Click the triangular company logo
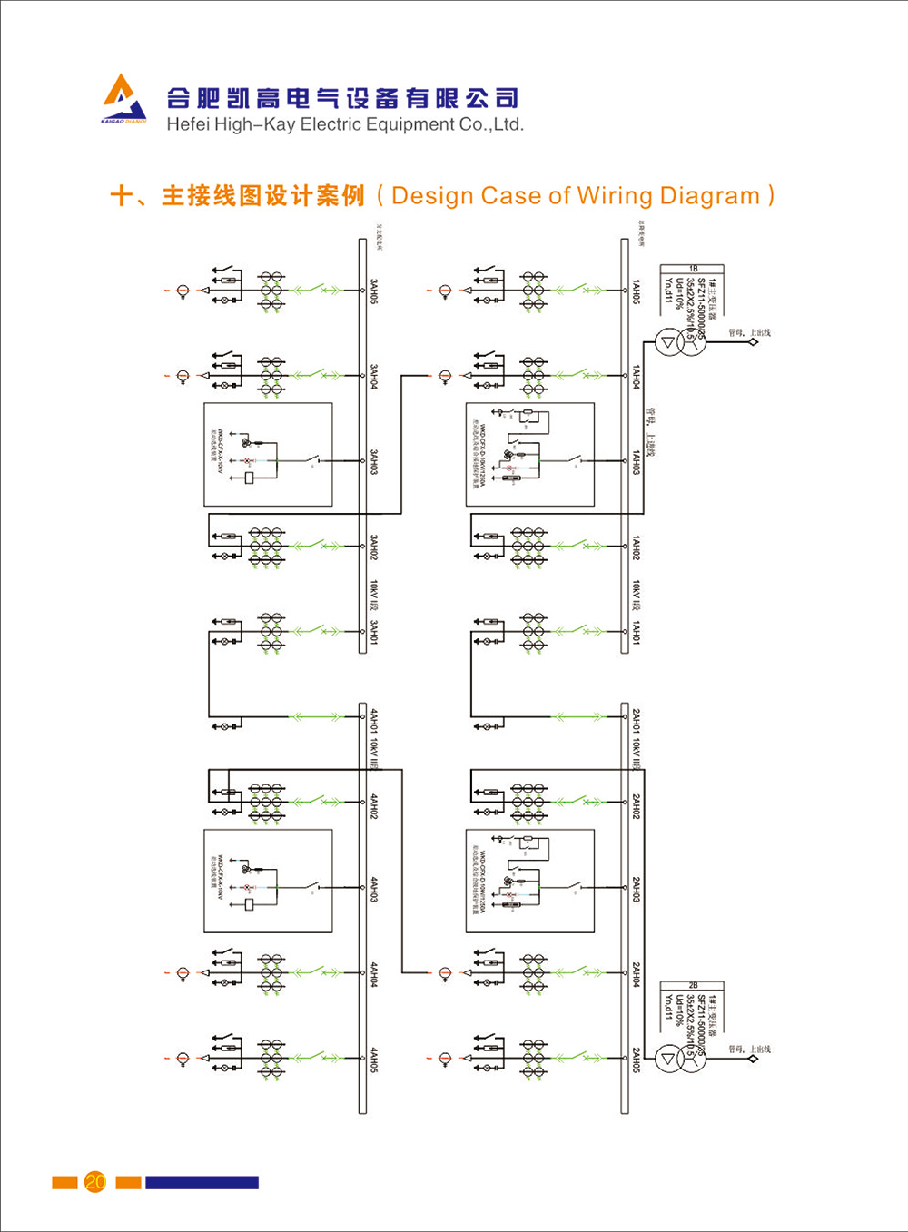click(123, 97)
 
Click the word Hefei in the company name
click(188, 125)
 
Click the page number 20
click(94, 1181)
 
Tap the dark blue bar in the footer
click(202, 1182)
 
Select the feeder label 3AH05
click(374, 291)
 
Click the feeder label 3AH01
click(374, 633)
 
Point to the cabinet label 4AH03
click(374, 890)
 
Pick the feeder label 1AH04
click(637, 378)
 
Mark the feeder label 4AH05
click(374, 1060)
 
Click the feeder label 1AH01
click(637, 633)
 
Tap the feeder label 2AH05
click(637, 1060)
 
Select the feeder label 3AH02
click(374, 547)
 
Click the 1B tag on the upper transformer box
click(693, 269)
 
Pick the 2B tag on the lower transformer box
click(693, 985)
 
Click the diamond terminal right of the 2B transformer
click(753, 1059)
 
